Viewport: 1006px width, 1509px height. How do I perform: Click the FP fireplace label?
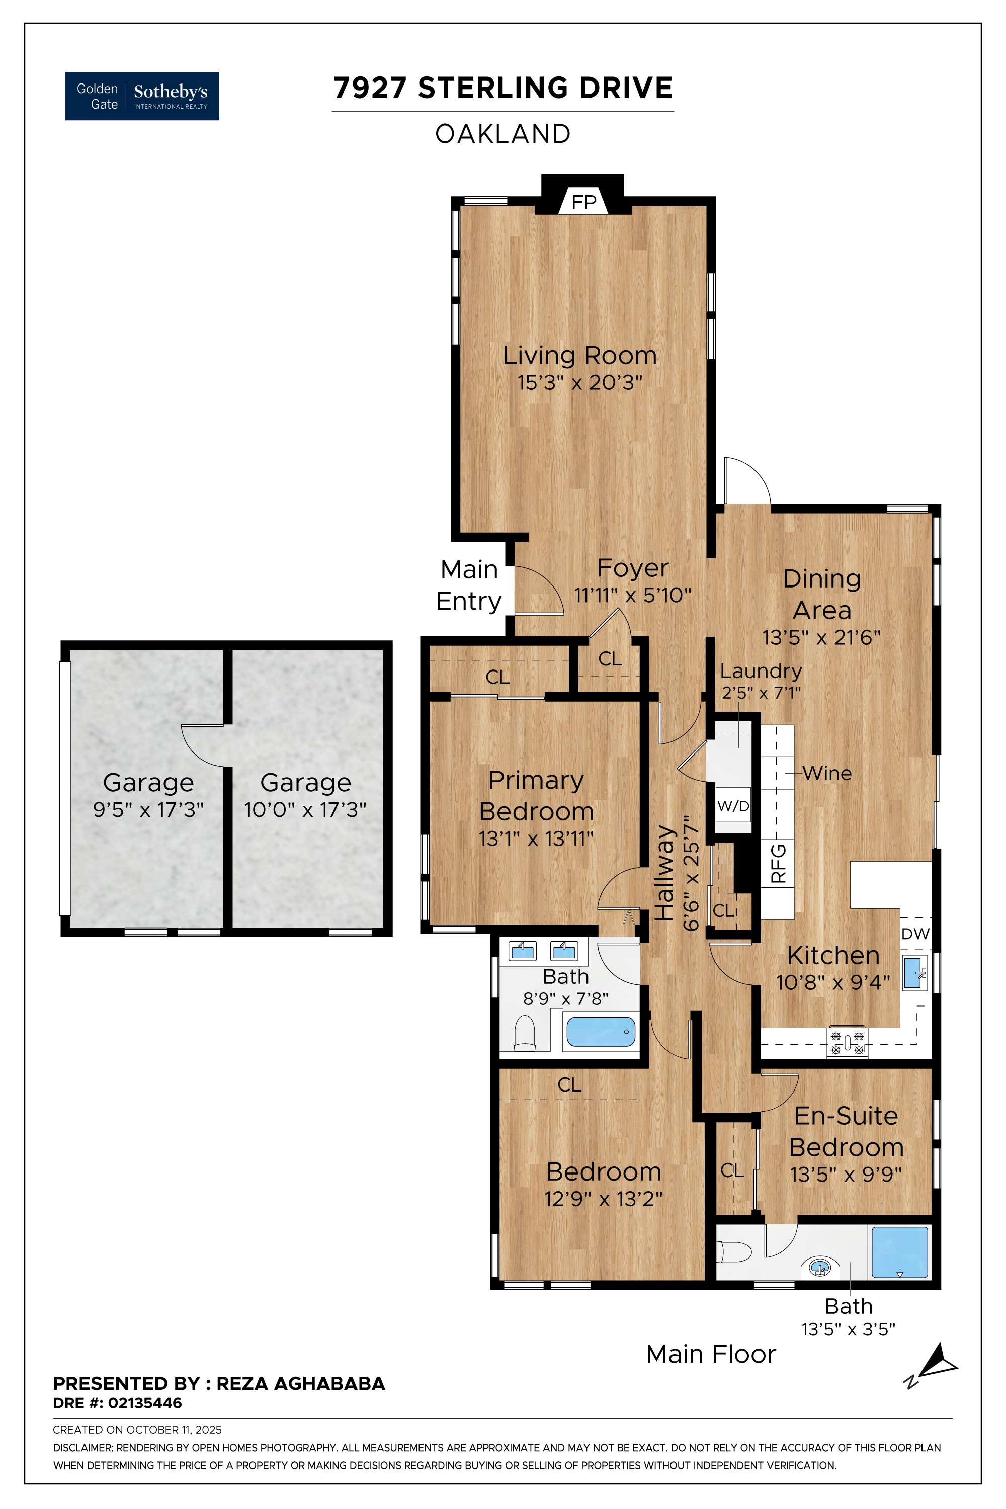[584, 203]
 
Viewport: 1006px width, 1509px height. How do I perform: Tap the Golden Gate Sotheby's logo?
[142, 96]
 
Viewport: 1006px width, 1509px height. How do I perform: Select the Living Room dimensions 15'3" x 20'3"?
[580, 382]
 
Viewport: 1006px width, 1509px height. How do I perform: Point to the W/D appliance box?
[733, 806]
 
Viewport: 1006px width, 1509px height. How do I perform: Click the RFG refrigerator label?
[778, 864]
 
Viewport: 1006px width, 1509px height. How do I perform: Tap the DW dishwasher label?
[915, 934]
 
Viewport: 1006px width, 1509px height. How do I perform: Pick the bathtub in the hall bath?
[601, 1032]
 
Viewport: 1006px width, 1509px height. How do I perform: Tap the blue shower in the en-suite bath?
[899, 1253]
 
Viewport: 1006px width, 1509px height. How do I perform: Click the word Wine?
[827, 774]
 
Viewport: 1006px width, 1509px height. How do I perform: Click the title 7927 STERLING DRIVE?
[503, 88]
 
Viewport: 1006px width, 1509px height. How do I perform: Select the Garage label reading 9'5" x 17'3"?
[148, 810]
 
